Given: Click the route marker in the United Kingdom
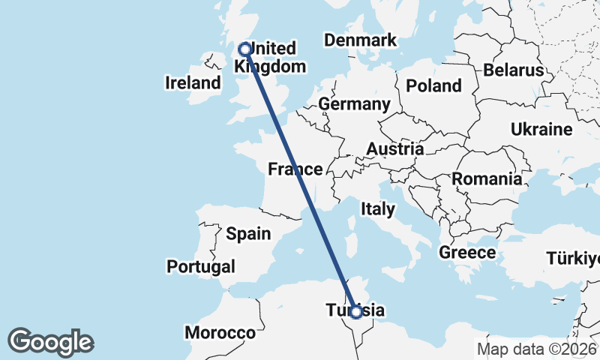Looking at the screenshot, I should click(x=244, y=49).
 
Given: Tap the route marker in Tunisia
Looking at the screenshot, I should click(x=356, y=312).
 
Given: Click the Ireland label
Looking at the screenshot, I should click(x=193, y=82).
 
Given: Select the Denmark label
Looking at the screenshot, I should click(x=361, y=40).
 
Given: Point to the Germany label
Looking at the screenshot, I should click(x=354, y=103).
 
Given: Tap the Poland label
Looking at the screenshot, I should click(x=433, y=85).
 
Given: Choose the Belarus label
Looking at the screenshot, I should click(x=514, y=70).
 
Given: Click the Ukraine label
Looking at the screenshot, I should click(x=541, y=129).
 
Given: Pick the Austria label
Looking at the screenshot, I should click(x=394, y=149).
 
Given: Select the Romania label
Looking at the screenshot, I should click(x=487, y=179).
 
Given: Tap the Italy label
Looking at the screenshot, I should click(x=377, y=209).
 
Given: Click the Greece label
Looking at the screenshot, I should click(x=467, y=252).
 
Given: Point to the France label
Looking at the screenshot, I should click(x=295, y=169).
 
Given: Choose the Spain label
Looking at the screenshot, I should click(x=248, y=234).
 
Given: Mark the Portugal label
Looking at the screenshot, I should click(x=201, y=266).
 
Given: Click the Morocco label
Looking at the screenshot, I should click(x=220, y=332).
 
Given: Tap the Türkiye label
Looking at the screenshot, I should click(x=573, y=259).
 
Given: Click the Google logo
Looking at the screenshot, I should click(x=50, y=342).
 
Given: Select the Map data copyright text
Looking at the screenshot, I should click(x=536, y=349).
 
